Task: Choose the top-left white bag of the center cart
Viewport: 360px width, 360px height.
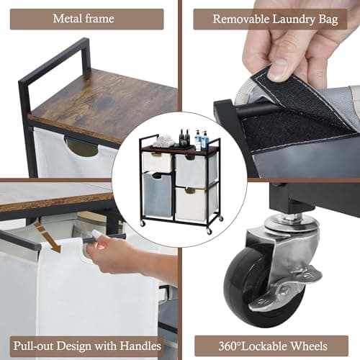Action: pyautogui.click(x=157, y=162)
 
